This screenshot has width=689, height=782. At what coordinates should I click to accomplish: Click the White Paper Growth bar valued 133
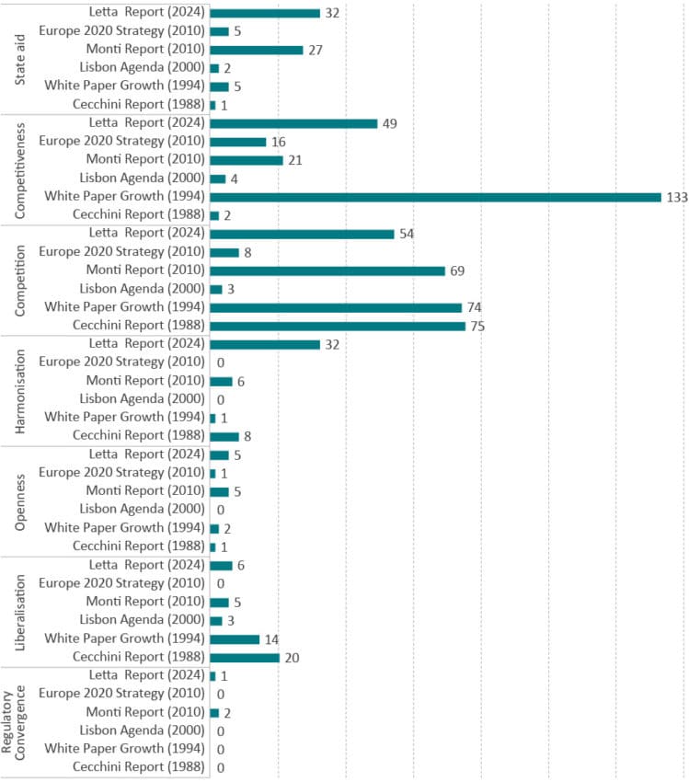click(x=435, y=197)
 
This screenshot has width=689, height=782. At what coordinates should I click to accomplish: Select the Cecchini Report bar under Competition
click(x=338, y=326)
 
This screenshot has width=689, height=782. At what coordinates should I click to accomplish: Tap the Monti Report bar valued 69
click(x=327, y=270)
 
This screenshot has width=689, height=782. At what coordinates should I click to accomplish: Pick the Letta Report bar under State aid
click(x=265, y=13)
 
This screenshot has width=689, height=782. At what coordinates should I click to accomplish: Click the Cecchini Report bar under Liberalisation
click(x=245, y=657)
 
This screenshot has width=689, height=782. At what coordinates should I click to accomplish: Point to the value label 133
click(x=677, y=197)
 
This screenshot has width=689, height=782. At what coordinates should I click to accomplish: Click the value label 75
click(x=477, y=326)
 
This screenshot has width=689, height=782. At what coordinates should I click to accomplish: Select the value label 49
click(x=389, y=123)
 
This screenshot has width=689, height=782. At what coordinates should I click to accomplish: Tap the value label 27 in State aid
click(x=316, y=50)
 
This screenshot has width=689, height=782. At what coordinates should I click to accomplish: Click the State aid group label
click(x=20, y=59)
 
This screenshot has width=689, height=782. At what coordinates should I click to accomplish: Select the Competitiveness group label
click(x=20, y=169)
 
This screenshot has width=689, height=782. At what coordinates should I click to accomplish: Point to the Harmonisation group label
click(x=20, y=390)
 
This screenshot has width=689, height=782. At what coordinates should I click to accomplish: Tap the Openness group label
click(x=20, y=500)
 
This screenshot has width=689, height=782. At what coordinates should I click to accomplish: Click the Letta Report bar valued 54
click(x=302, y=234)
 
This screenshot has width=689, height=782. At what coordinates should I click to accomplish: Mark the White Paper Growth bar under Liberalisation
click(x=235, y=638)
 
